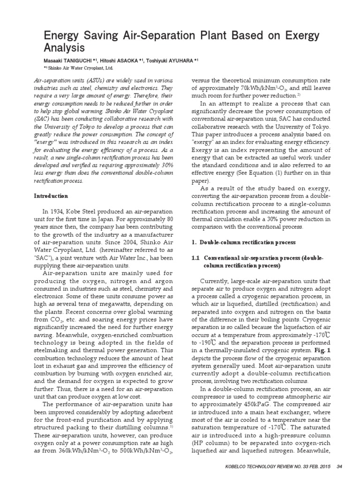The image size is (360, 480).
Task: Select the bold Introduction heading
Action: point(52,195)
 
